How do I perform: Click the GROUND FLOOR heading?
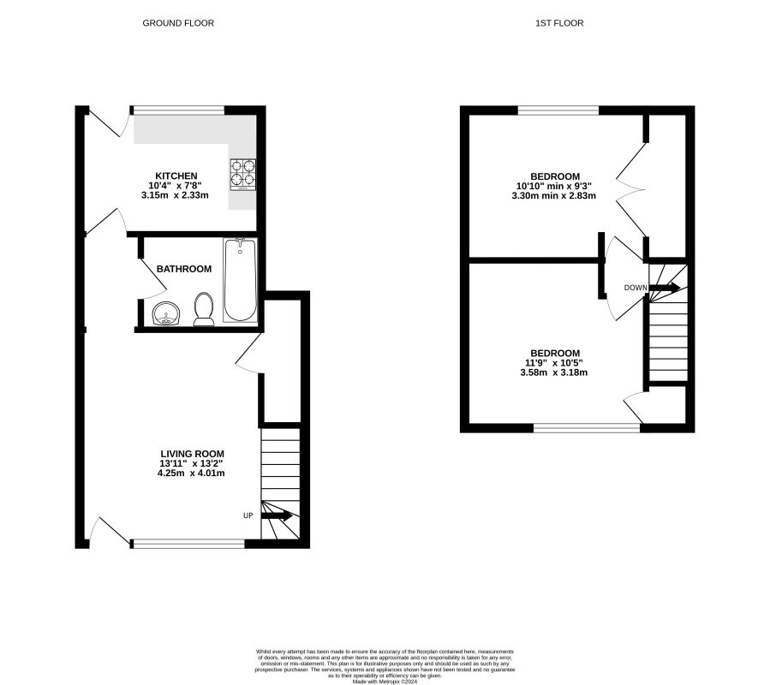coord(178,23)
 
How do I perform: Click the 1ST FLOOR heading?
coord(559,23)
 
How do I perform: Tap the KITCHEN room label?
coord(176,176)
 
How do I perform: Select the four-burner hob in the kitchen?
coord(243,175)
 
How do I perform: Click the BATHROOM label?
coord(184,269)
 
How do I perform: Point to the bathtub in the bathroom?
coord(240,280)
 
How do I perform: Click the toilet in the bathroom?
coord(204,309)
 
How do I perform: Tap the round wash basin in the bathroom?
coord(166,313)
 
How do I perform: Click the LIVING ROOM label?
coord(193,454)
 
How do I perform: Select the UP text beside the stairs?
coord(248,515)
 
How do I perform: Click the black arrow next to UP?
coord(277,516)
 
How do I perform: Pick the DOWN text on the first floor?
coord(636,288)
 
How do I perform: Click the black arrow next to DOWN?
coord(665,288)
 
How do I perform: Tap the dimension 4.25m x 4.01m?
coord(191,474)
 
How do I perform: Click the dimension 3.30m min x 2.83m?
coord(554,195)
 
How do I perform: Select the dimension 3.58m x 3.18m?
coord(554,372)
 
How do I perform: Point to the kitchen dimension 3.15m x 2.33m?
coord(175,195)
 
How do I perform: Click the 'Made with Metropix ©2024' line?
coord(385,682)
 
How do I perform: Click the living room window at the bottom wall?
coord(188,544)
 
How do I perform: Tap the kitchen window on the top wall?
coord(178,110)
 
